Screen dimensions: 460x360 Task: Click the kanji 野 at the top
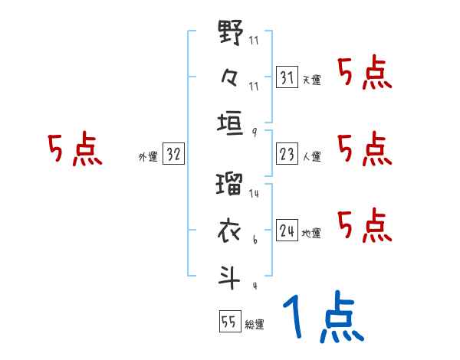(x=231, y=35)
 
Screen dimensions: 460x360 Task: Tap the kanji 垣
(x=231, y=122)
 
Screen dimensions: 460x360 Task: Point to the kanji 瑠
(x=231, y=186)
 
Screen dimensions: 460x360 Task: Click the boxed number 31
(x=287, y=78)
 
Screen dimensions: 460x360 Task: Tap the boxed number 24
(x=287, y=231)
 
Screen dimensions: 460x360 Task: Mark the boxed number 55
(x=228, y=322)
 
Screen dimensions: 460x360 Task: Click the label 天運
(x=311, y=80)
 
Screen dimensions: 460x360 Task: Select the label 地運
(x=311, y=232)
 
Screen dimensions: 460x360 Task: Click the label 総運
(x=254, y=324)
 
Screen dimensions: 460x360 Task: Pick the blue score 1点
(x=323, y=317)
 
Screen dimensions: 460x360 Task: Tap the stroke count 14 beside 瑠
(x=254, y=194)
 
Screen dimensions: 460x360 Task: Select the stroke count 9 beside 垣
(x=254, y=131)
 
